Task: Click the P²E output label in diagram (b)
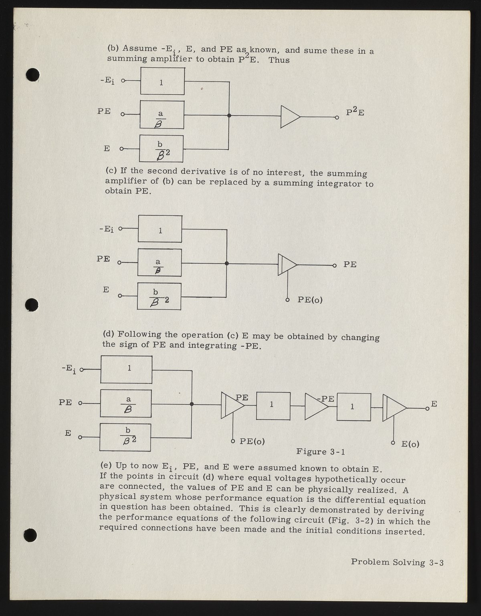[x=355, y=112]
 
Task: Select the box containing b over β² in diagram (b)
[x=161, y=148]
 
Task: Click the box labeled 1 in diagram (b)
[x=162, y=81]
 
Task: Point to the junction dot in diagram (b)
[x=229, y=116]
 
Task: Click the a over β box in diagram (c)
[x=159, y=262]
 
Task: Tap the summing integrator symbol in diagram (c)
[x=287, y=264]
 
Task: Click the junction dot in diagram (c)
[x=226, y=263]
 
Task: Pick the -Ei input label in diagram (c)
[x=106, y=229]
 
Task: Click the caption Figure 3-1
[x=320, y=451]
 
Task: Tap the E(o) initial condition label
[x=410, y=444]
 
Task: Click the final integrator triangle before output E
[x=394, y=408]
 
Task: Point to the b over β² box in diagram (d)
[x=125, y=437]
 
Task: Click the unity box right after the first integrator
[x=273, y=406]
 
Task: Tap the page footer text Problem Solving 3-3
[x=397, y=562]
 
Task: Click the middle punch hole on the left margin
[x=32, y=305]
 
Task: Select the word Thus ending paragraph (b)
[x=279, y=60]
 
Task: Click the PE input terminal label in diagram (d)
[x=65, y=402]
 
